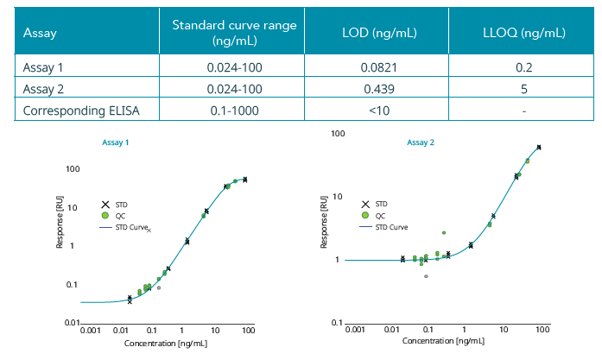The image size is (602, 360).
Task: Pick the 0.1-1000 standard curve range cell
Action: tap(234, 111)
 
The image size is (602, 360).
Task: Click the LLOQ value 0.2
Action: tap(523, 67)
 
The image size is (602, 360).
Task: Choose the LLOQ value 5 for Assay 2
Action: tap(523, 89)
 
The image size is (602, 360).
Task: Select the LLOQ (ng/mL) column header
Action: tap(523, 34)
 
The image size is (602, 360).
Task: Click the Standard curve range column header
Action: tap(234, 33)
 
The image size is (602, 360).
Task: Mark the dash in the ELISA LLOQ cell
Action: tap(523, 111)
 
